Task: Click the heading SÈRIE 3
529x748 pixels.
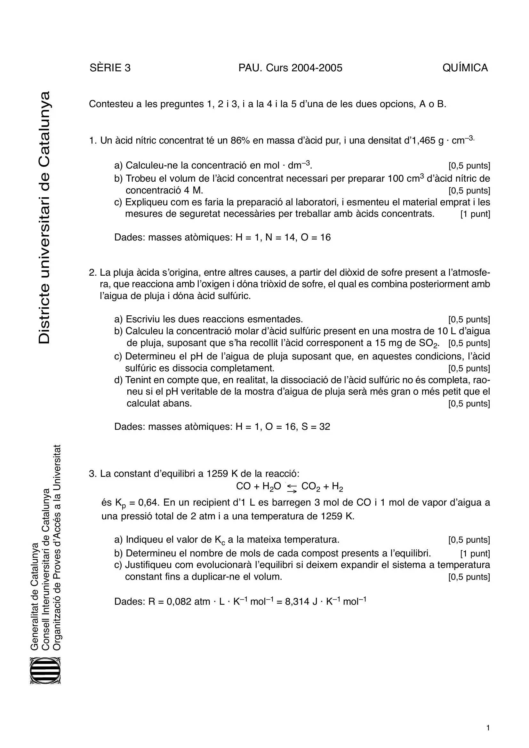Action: [110, 68]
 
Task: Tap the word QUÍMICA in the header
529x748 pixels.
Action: [465, 68]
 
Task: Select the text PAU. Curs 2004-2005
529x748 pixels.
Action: [290, 68]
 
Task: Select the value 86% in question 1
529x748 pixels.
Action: [240, 141]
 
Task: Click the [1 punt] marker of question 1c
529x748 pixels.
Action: [475, 214]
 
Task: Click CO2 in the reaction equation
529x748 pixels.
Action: [311, 487]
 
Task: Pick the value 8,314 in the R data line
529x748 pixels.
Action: [297, 602]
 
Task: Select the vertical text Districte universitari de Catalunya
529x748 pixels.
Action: [44, 218]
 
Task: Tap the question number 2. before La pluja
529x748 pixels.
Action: [93, 272]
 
